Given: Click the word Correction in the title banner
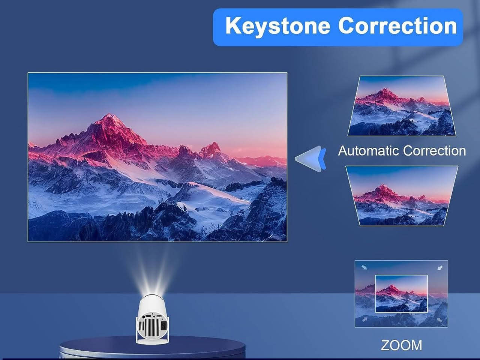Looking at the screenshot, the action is click(397, 26).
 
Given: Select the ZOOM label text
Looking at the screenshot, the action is click(402, 345).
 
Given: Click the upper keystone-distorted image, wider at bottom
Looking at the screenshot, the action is click(402, 106).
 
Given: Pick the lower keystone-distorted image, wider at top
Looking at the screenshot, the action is click(402, 196).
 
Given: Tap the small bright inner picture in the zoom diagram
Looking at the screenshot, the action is click(401, 294).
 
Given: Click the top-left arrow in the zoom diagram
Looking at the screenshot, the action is click(364, 267).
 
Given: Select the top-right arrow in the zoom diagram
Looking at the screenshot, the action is click(440, 267).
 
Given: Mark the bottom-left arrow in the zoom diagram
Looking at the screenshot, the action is click(364, 320).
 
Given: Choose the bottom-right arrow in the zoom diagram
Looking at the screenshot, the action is click(439, 320).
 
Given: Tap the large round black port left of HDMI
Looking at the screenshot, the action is click(143, 316).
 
